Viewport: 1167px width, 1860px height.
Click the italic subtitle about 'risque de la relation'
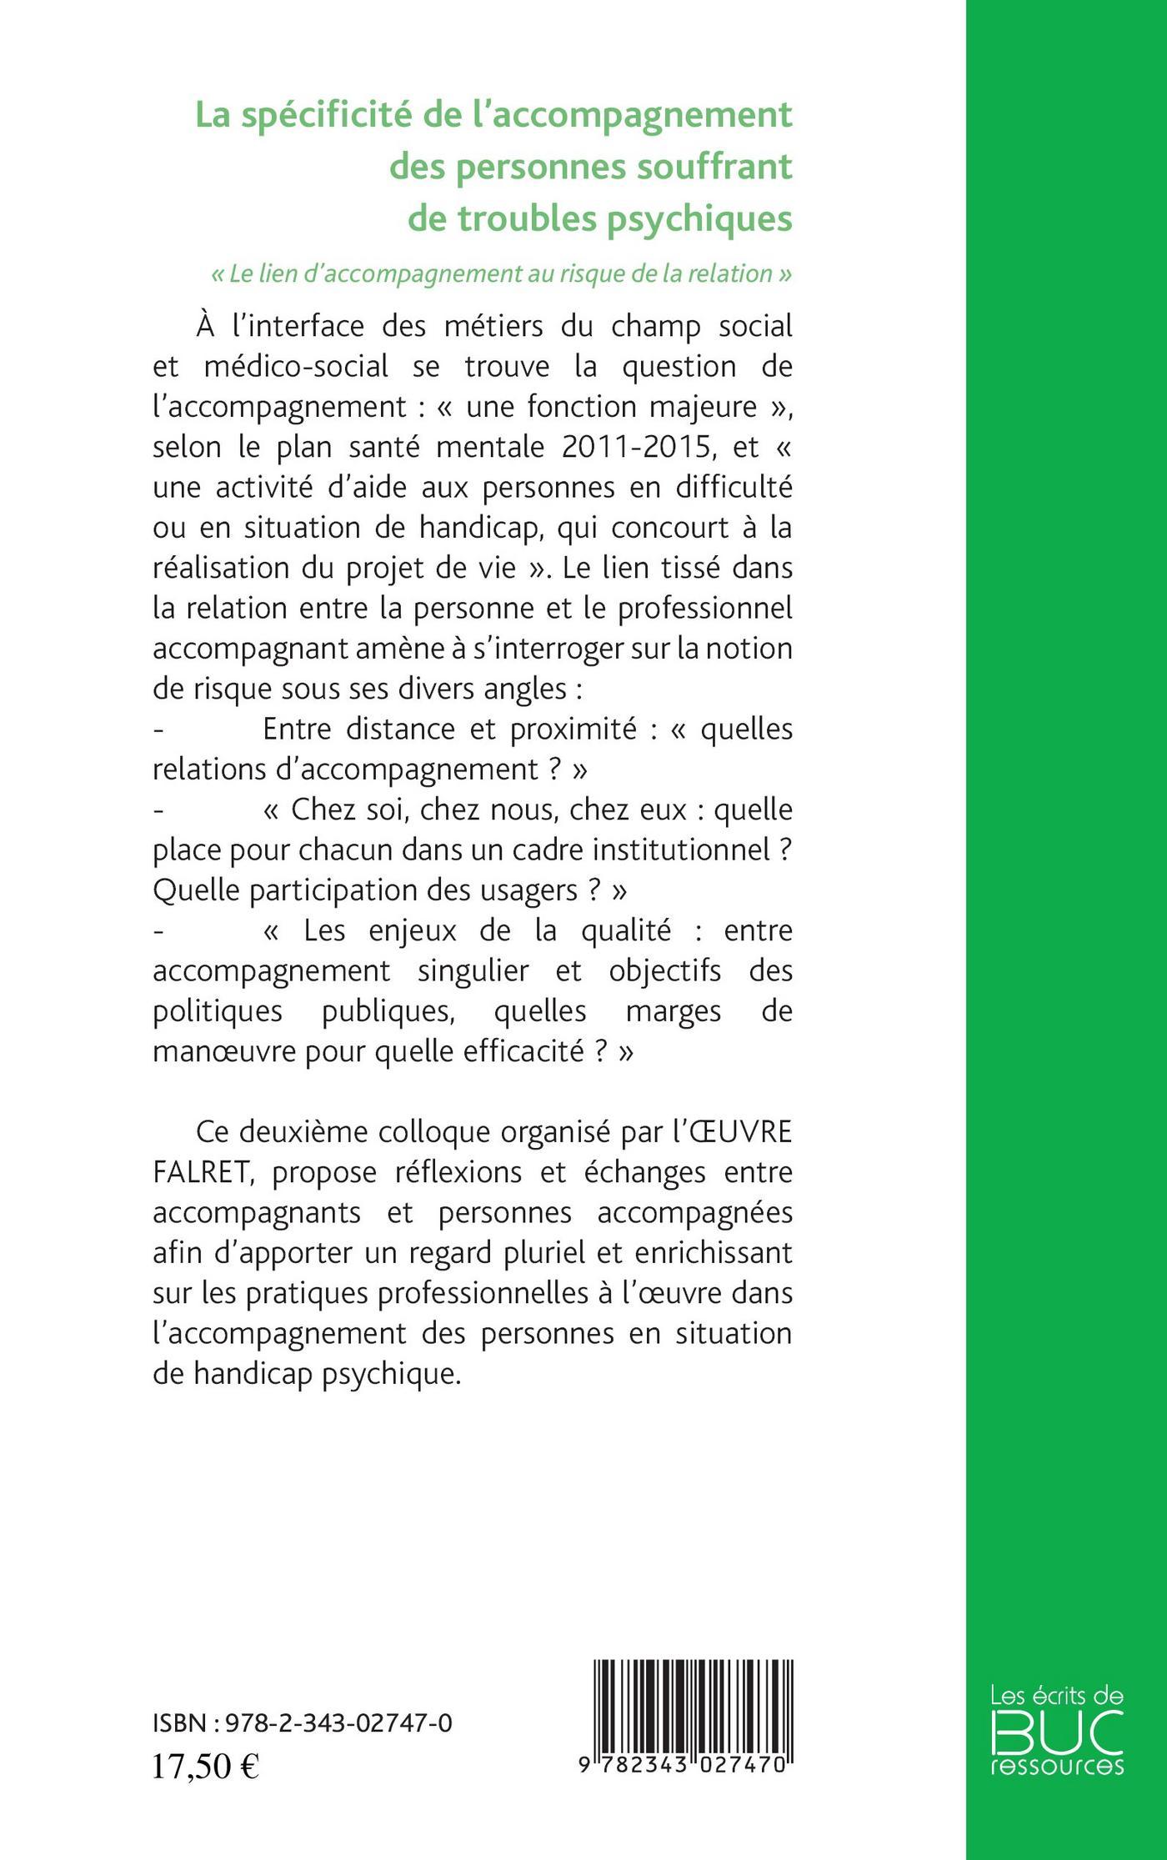click(x=500, y=273)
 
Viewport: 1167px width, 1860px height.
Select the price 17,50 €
click(x=205, y=1766)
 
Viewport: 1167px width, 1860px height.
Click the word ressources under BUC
click(x=1057, y=1766)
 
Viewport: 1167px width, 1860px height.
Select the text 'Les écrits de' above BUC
click(x=1057, y=1695)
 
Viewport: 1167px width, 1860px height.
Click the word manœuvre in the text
click(x=221, y=1051)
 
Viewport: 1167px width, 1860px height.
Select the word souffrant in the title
click(x=720, y=167)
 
